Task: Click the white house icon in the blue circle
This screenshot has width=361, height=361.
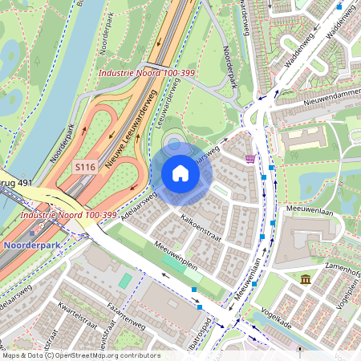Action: [x=180, y=173]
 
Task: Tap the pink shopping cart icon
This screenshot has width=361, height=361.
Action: [x=251, y=158]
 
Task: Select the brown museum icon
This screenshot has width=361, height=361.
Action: [x=306, y=278]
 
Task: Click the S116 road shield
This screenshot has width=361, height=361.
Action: [x=85, y=167]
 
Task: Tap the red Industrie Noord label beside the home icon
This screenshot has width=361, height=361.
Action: [x=68, y=215]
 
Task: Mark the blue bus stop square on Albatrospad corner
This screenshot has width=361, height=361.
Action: [x=200, y=306]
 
